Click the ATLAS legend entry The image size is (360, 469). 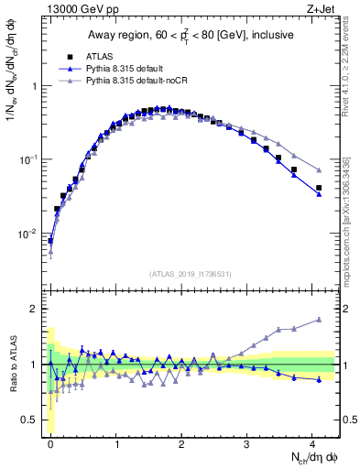[x=102, y=56]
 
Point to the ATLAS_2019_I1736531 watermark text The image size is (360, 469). [x=190, y=274]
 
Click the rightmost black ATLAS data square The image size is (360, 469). [x=319, y=188]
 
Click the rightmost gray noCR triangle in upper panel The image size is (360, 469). [x=319, y=170]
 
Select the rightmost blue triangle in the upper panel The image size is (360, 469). [x=319, y=194]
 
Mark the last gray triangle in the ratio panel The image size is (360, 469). [x=319, y=320]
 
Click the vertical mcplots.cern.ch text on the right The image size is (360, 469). [x=352, y=220]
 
